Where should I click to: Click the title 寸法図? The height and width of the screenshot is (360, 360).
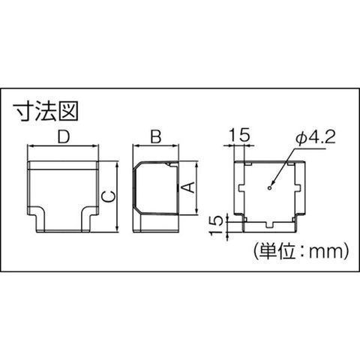point(46,112)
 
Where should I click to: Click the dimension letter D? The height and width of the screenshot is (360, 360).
point(64,136)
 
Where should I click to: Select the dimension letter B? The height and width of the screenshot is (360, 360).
point(156,136)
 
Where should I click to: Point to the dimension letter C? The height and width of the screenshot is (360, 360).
point(108,196)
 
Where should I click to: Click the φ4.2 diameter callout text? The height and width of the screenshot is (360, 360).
point(315,138)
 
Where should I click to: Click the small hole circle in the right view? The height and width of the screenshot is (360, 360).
point(269,187)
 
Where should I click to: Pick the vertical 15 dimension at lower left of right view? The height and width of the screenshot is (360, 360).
point(216,225)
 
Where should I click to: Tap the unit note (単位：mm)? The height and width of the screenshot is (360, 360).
point(300,250)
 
